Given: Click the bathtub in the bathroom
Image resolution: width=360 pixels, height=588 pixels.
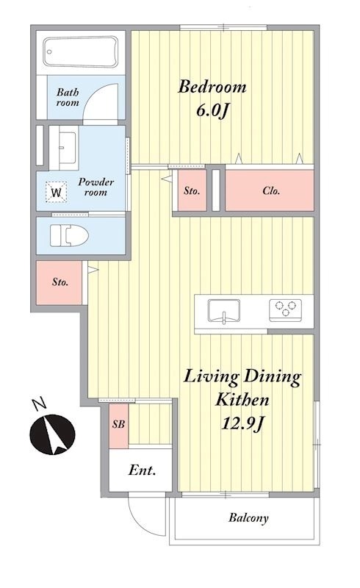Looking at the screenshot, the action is tap(80, 52).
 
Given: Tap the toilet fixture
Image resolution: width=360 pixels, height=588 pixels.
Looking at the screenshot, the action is tap(69, 236).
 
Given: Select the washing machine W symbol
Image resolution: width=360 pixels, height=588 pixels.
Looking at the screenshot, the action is tap(57, 193).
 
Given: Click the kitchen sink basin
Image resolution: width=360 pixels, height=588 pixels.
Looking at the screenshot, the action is tap(224, 311).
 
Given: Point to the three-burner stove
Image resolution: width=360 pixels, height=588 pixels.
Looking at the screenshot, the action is tap(285, 309).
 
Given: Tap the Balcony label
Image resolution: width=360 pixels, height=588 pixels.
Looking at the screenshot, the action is tap(248, 518).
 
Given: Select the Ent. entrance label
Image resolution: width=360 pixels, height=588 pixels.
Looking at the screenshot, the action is tap(142, 470).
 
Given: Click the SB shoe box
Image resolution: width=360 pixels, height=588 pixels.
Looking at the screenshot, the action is tap(118, 426).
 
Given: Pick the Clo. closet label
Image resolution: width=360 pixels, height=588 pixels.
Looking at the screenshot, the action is tap(271, 191).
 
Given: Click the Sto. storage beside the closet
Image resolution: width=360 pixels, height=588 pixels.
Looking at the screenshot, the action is tap(192, 190).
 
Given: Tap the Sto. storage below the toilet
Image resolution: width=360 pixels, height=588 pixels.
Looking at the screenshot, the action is tap(60, 282).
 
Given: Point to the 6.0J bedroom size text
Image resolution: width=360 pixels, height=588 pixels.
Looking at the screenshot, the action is tap(212, 111).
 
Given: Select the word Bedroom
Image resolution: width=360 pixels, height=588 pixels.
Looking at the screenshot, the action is tap(212, 87).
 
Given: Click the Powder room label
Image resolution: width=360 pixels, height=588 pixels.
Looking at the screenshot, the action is tap(96, 187).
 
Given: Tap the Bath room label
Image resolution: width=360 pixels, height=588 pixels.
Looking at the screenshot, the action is tap(68, 98).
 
